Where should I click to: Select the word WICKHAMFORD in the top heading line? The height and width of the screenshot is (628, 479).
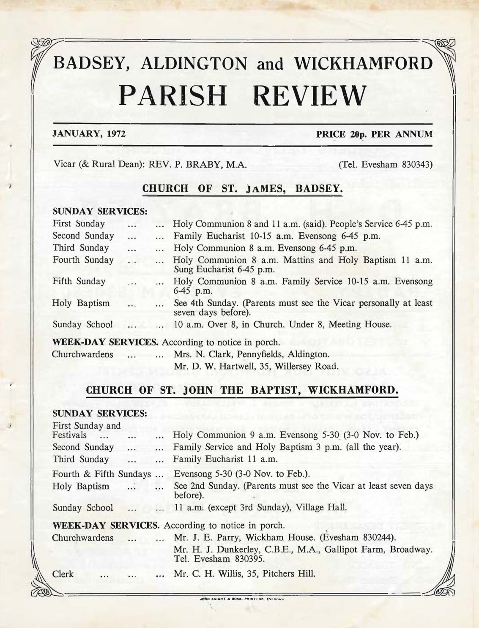363,63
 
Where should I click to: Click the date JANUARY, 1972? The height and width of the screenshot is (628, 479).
89,134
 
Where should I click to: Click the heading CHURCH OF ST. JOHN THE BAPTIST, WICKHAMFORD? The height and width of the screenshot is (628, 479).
242,390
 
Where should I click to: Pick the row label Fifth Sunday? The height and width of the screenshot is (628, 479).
79,281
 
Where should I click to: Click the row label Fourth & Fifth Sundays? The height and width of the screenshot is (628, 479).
102,474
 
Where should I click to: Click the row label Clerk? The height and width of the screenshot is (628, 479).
63,574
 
